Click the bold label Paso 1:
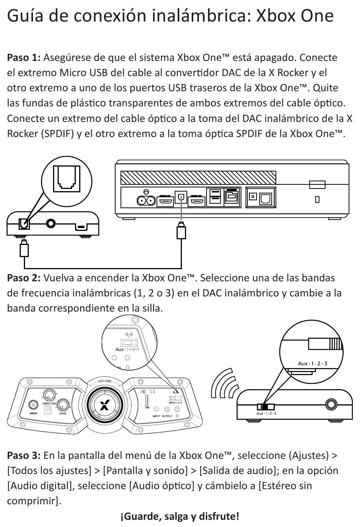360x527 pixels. pos(24,58)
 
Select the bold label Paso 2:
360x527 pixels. pos(24,278)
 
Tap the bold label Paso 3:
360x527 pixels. pos(24,455)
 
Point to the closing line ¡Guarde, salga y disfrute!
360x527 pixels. pos(180,516)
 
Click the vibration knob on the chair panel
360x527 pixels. pos(49,394)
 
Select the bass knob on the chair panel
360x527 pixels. pos(63,405)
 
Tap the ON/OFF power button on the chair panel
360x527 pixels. pos(33,405)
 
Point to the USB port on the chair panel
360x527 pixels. pos(147,401)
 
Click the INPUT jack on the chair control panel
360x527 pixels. pos(157,410)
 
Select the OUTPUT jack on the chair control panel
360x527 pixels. pos(167,410)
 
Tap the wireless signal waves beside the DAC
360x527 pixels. pos(224,384)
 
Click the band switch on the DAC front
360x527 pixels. pos(266,407)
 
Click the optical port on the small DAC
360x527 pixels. pos(24,223)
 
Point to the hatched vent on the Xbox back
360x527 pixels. pos(198,178)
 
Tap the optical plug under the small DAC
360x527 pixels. pos(24,248)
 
